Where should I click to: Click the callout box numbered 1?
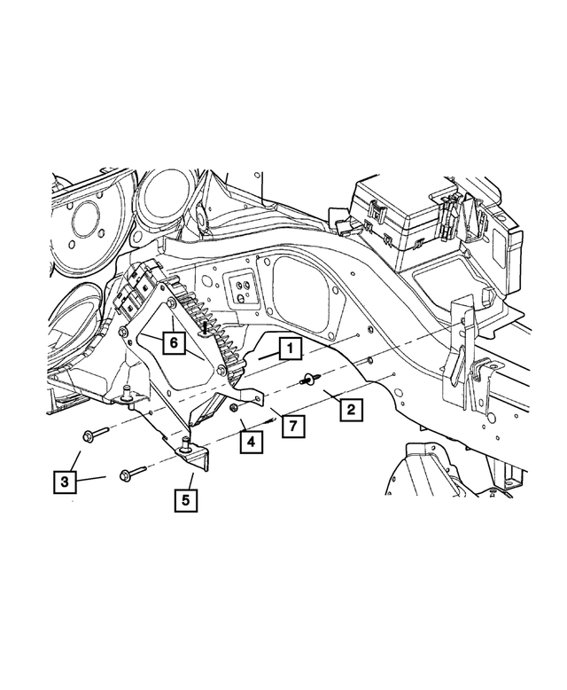289,349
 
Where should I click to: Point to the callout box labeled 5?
185,498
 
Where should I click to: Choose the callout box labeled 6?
175,340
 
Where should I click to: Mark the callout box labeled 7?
289,427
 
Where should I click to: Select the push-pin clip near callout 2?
308,381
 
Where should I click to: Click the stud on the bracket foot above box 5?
185,443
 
